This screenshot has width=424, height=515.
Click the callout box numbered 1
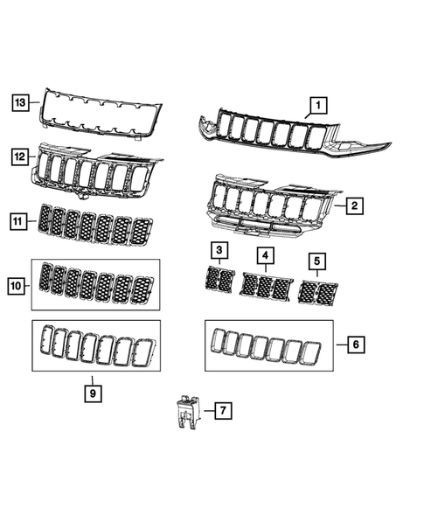pyautogui.click(x=316, y=106)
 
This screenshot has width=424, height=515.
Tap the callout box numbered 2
pyautogui.click(x=354, y=207)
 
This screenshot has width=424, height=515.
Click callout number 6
pyautogui.click(x=355, y=344)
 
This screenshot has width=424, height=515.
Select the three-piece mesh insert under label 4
pyautogui.click(x=266, y=286)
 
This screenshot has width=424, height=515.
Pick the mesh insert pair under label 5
pyautogui.click(x=318, y=291)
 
